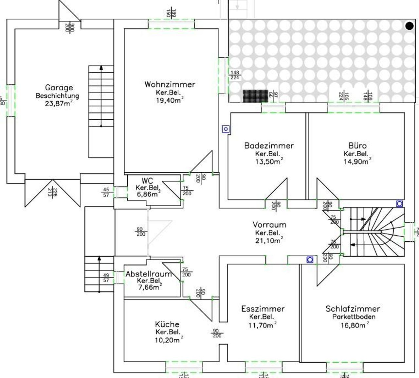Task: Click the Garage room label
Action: click(x=59, y=88)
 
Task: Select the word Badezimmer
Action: click(x=269, y=146)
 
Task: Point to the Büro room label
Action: click(x=357, y=146)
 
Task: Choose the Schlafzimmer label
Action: click(x=353, y=309)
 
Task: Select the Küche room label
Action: click(x=167, y=324)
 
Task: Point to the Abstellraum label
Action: click(x=149, y=274)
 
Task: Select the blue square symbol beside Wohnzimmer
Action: click(x=226, y=129)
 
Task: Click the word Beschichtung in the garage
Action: click(x=57, y=96)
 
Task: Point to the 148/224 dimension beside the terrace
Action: click(x=235, y=75)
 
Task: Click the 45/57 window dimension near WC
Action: click(x=106, y=192)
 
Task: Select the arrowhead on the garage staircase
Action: click(x=101, y=68)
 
